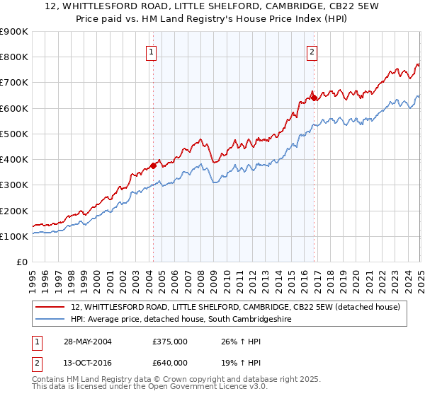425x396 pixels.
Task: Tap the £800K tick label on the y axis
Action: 14,57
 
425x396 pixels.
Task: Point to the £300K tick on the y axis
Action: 14,185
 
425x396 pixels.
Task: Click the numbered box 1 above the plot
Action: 152,51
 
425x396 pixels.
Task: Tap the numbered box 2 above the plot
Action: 312,51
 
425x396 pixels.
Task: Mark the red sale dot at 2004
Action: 153,166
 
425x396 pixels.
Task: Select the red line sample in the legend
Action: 50,307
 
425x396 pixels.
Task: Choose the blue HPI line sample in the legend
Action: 50,320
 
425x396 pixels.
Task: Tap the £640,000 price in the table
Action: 170,362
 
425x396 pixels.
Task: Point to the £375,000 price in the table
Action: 170,342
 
